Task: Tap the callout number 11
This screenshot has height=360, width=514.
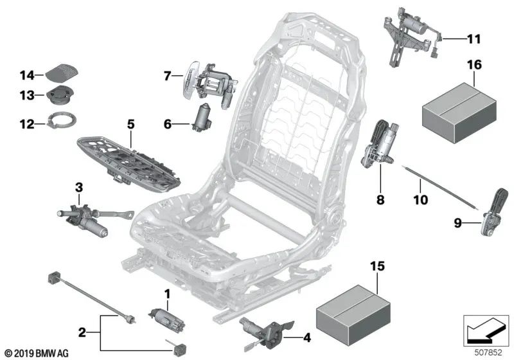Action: (473, 39)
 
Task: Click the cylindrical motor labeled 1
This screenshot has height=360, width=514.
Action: (164, 318)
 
